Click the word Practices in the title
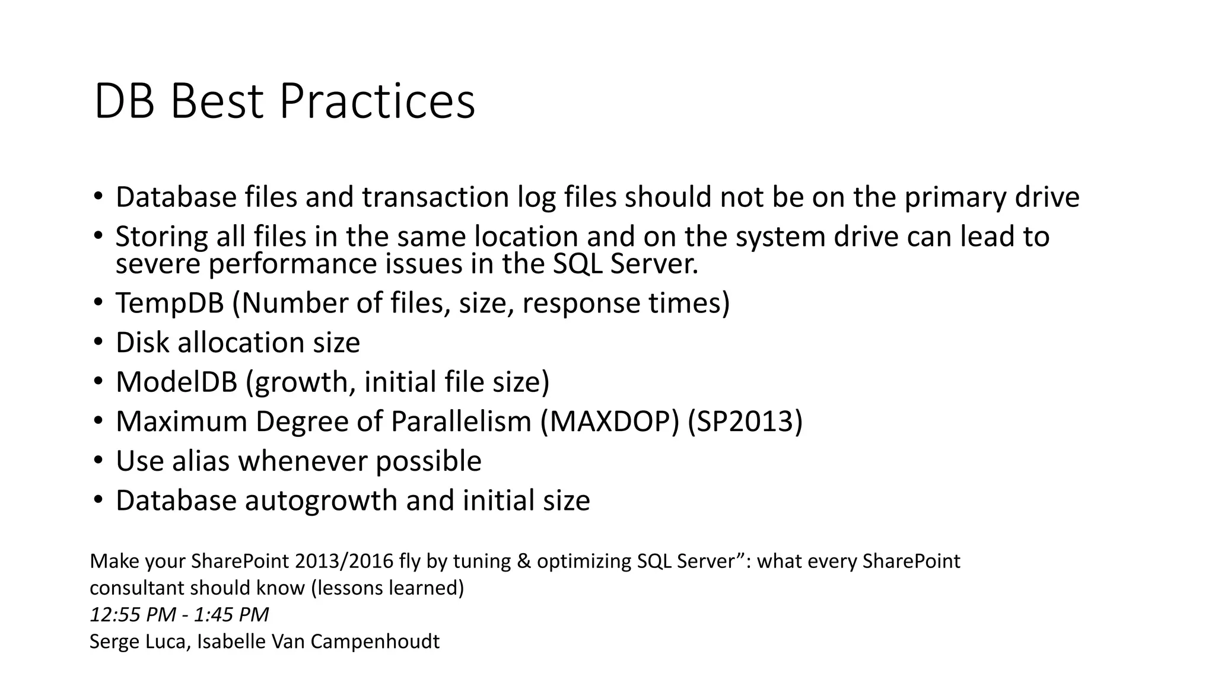[x=377, y=102]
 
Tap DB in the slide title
[x=124, y=102]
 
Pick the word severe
[x=157, y=264]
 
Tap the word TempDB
[x=170, y=303]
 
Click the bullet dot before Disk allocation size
[x=98, y=342]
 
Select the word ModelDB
[x=176, y=382]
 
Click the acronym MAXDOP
[x=609, y=422]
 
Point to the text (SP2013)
[x=745, y=422]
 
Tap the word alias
[x=201, y=461]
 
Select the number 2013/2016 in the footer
[x=344, y=561]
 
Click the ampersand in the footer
[x=524, y=561]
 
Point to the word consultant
[x=136, y=588]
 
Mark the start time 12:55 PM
[x=132, y=614]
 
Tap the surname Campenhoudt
[x=375, y=641]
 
